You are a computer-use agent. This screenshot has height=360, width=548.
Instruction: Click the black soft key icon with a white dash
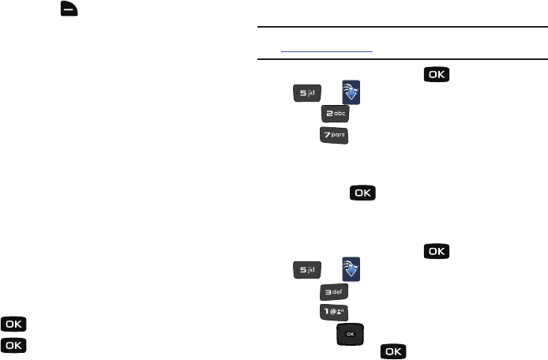[x=65, y=14]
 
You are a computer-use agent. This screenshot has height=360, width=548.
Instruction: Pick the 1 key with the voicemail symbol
[x=335, y=314]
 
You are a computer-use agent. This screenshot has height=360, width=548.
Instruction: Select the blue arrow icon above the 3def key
[x=350, y=271]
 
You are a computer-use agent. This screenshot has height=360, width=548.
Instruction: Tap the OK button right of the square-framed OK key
[x=394, y=352]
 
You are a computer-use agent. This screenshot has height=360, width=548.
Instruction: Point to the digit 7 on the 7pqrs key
[x=327, y=137]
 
